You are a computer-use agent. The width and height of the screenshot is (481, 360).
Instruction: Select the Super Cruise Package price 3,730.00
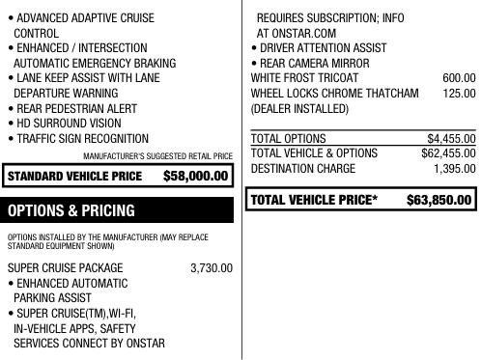[x=212, y=267]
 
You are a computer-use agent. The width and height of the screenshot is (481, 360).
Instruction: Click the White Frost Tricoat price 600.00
[x=458, y=77]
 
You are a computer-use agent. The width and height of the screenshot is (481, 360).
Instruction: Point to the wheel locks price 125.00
[x=458, y=93]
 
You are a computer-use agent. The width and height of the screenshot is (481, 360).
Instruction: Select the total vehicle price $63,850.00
[x=439, y=201]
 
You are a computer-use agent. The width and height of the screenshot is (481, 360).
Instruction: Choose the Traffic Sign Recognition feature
[x=77, y=139]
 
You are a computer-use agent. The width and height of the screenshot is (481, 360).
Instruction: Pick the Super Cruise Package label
[x=65, y=267]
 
